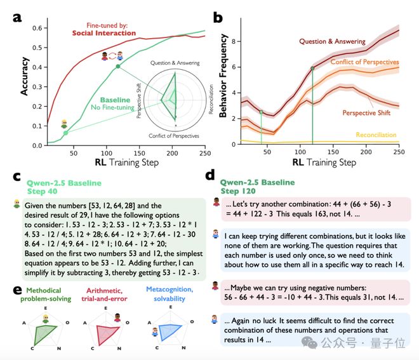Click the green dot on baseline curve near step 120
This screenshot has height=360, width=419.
(x=118, y=66)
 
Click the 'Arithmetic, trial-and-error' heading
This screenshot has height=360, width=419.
(x=105, y=295)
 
